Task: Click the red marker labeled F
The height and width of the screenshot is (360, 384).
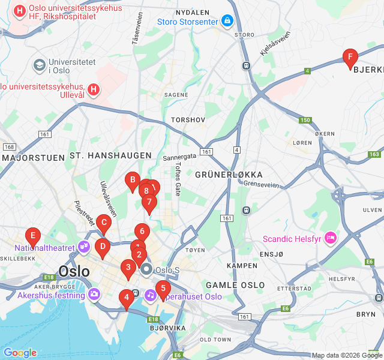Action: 350,58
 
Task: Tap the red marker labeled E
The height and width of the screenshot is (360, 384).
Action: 33,236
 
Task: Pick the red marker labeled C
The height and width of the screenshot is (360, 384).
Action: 104,223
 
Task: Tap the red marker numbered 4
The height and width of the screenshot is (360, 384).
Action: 126,298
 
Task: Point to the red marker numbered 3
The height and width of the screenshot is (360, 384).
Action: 128,268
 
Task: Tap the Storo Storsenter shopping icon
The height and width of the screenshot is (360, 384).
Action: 227,22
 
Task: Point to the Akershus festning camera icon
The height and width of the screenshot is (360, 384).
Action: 94,295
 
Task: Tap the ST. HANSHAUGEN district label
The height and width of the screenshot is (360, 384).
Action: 110,155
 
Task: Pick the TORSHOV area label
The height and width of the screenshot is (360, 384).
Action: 188,120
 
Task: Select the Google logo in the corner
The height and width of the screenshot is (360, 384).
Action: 20,353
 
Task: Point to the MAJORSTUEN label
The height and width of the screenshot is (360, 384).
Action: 34,158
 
